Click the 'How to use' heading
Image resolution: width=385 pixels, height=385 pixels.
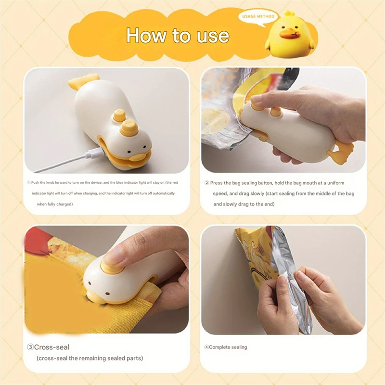coord(178,36)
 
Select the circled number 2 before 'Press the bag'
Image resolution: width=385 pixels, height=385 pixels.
coord(207,183)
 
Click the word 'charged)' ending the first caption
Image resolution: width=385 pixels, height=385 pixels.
coord(64,204)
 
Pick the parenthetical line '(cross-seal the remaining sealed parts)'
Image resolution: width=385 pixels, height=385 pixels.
coord(90,358)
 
